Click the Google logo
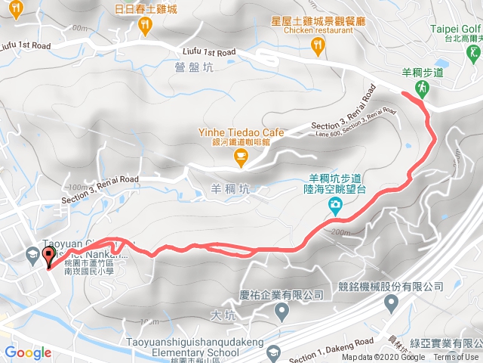coord(28,352)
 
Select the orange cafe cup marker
coord(241,157)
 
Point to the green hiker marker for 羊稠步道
coord(422,88)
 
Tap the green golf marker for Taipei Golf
coord(473,53)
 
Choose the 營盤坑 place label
coord(189,67)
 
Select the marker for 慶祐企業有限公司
coord(281,311)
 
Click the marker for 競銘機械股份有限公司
coord(391,304)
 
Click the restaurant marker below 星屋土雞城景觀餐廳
coord(321,47)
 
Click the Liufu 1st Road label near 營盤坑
coord(210,52)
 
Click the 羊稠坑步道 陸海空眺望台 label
coord(333,185)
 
